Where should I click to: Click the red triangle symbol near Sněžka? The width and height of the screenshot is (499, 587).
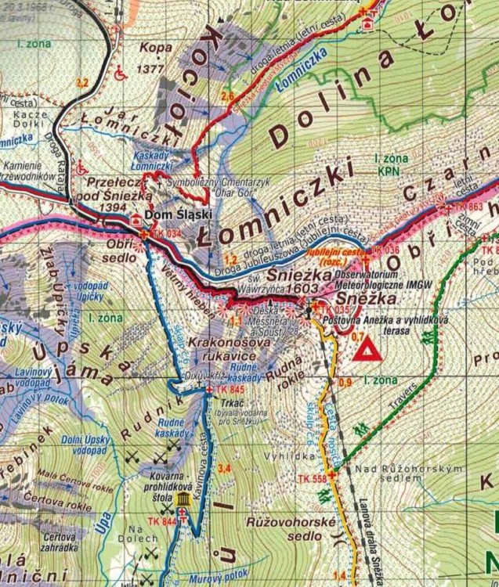pos(367,350)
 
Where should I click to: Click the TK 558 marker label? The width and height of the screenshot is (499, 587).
pos(312,477)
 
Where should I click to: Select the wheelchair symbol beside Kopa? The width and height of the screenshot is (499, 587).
pos(121,75)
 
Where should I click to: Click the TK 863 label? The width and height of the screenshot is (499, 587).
pos(468,206)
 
